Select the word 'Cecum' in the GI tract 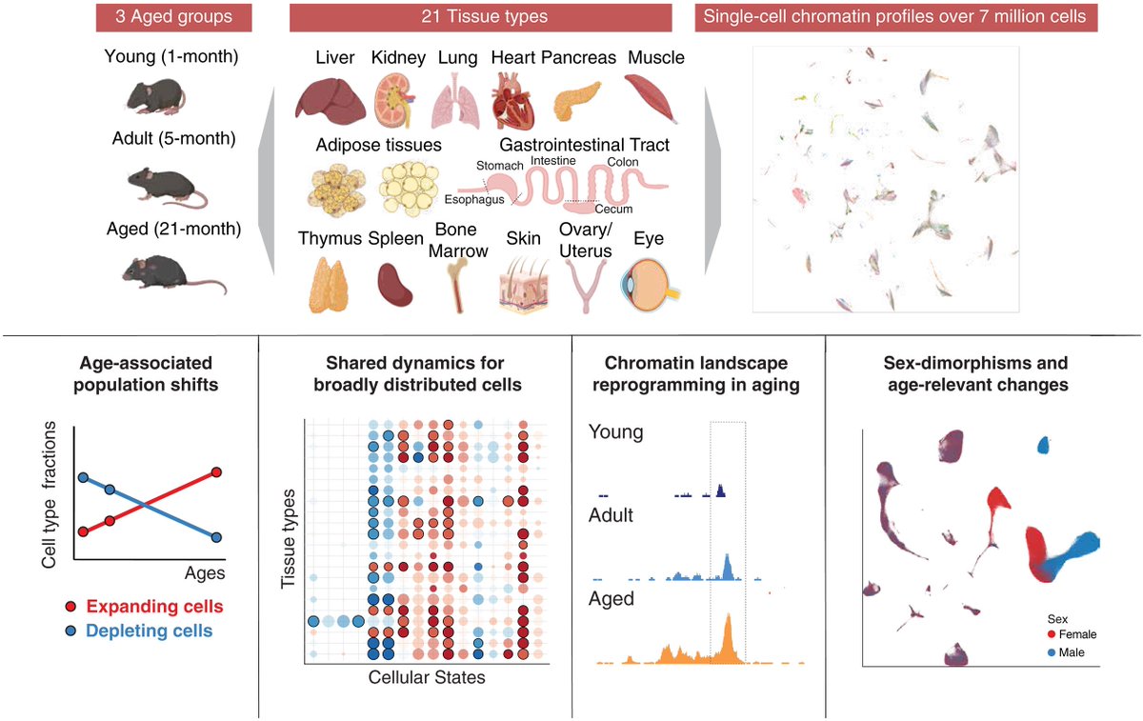(x=613, y=209)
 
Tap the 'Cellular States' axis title (x=415, y=678)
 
